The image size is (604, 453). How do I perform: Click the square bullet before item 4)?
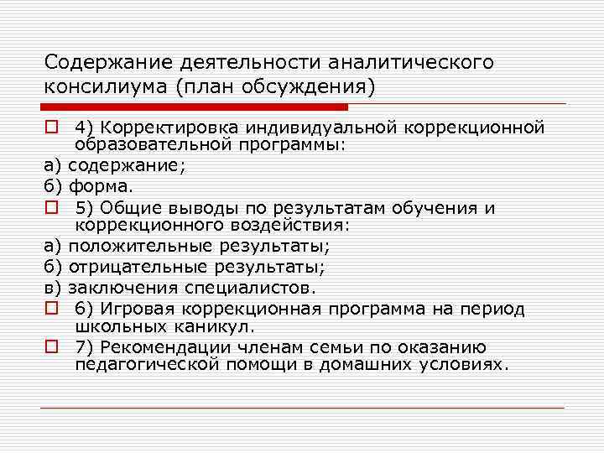coord(51,128)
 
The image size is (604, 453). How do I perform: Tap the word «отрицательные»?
coord(138,268)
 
